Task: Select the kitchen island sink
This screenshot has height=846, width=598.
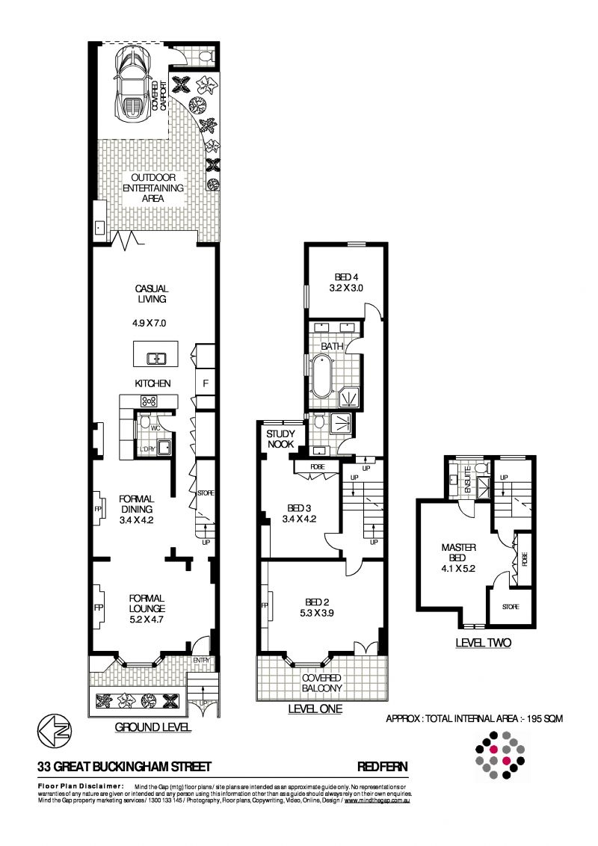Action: (156, 358)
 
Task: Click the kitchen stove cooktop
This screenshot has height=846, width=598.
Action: (148, 401)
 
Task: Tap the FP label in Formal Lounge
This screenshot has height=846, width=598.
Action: (97, 607)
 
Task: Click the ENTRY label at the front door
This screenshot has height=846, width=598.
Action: (203, 660)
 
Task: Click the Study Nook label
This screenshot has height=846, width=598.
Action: (281, 439)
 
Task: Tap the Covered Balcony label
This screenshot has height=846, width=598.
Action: (321, 683)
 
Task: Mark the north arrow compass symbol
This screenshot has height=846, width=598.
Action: (53, 731)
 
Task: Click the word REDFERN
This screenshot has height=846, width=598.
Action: (382, 766)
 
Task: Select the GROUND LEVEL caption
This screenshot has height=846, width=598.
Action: (153, 726)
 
